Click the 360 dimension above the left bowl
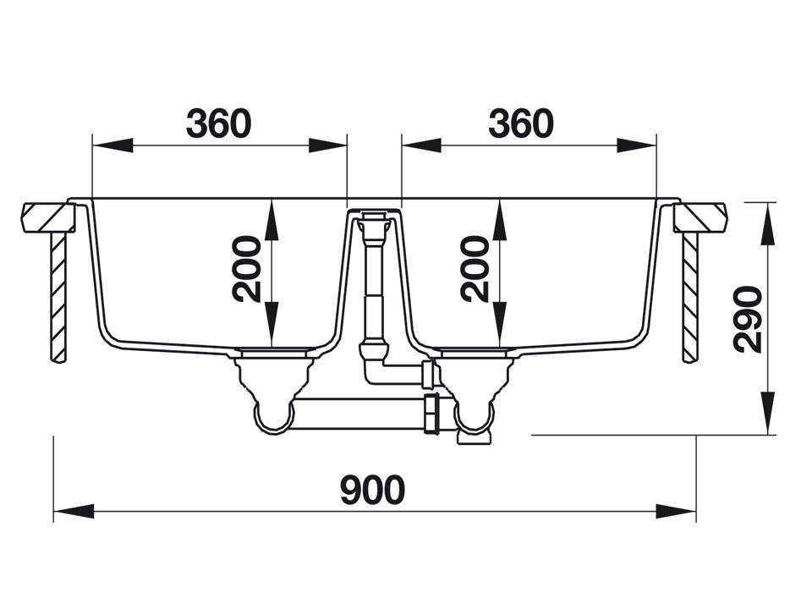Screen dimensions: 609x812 [219, 123]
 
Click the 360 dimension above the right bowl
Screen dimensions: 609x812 [520, 123]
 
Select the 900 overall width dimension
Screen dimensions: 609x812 [373, 490]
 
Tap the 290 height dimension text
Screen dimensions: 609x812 [748, 319]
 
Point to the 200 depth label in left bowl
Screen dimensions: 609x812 [248, 270]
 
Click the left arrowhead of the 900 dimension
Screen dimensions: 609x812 [73, 511]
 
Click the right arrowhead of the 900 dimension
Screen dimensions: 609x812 [677, 511]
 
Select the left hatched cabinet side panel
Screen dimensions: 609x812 [58, 296]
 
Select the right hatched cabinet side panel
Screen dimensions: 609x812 [689, 296]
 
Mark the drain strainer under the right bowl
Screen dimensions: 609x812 [471, 351]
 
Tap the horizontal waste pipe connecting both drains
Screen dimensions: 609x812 [364, 414]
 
